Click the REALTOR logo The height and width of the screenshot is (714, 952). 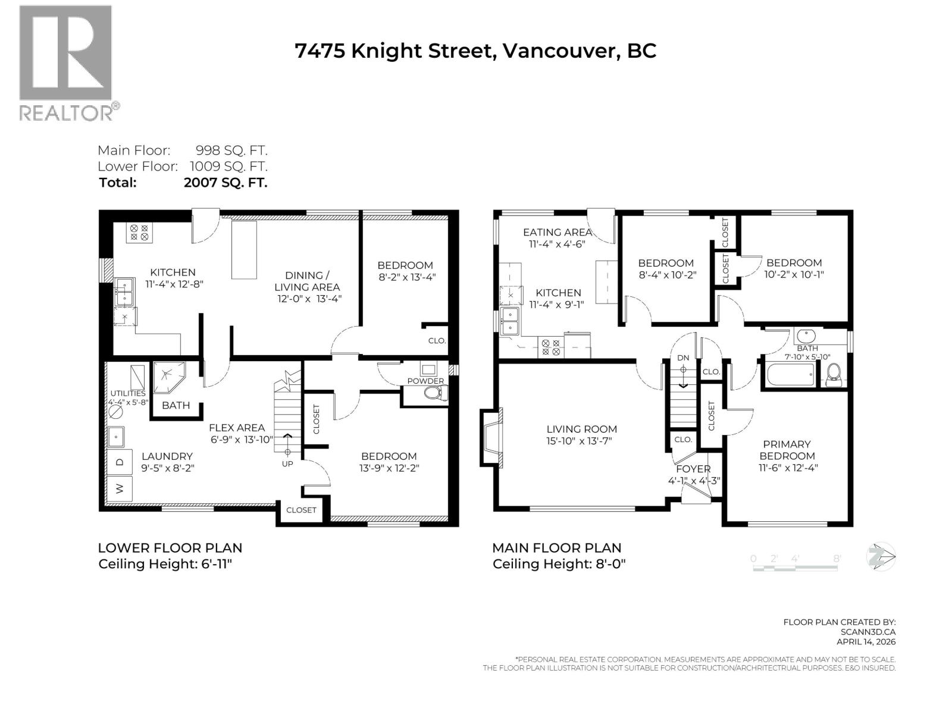(x=65, y=62)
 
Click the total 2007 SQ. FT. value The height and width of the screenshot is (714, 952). (x=226, y=183)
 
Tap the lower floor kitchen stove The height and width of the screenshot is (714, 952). (x=139, y=231)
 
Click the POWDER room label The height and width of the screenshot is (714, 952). (x=425, y=381)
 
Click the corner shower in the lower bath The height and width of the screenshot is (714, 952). (x=168, y=377)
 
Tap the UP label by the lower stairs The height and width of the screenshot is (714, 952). (x=287, y=464)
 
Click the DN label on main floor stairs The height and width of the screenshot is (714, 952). (x=683, y=358)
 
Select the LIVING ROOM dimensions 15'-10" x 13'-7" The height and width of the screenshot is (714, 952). (x=582, y=441)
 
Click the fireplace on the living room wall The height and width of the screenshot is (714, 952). (x=492, y=438)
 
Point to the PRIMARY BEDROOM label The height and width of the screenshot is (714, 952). (x=787, y=450)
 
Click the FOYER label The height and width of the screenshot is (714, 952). (x=693, y=469)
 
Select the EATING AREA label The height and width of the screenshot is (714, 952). (x=557, y=232)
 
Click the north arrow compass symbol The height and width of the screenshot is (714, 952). (x=881, y=558)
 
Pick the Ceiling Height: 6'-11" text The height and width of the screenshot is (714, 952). (x=165, y=564)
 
